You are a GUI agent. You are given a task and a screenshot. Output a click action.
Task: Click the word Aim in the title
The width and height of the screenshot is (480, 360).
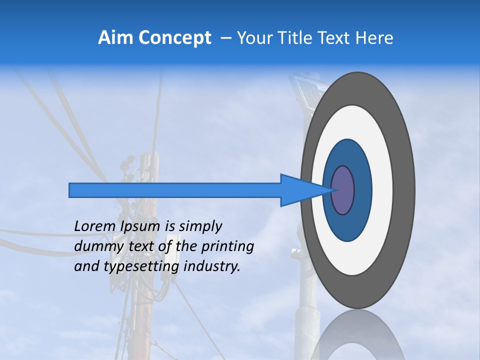(116, 38)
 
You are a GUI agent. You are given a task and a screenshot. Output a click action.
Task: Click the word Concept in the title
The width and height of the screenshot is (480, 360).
(174, 38)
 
